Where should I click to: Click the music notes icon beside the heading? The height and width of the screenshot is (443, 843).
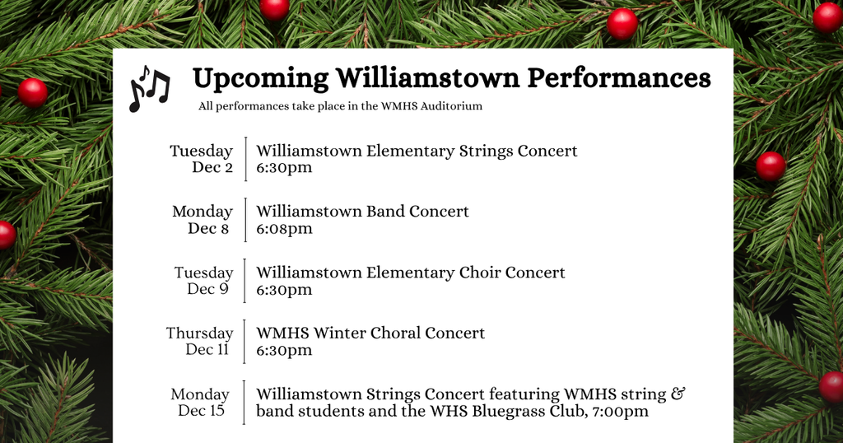149,88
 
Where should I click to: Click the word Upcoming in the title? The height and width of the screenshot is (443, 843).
259,79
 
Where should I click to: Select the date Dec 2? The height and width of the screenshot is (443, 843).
212,168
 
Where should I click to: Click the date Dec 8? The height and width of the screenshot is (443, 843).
208,229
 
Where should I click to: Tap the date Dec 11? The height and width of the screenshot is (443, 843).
207,350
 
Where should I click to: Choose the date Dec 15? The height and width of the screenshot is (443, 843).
201,410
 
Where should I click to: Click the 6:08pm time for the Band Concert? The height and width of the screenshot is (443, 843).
284,229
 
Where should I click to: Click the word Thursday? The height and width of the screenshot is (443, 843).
199,333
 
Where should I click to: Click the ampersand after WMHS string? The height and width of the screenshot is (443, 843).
678,394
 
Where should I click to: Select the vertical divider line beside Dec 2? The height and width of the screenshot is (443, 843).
245,159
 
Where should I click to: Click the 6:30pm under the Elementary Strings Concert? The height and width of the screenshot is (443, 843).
284,168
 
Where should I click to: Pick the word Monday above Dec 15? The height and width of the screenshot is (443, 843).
200,394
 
